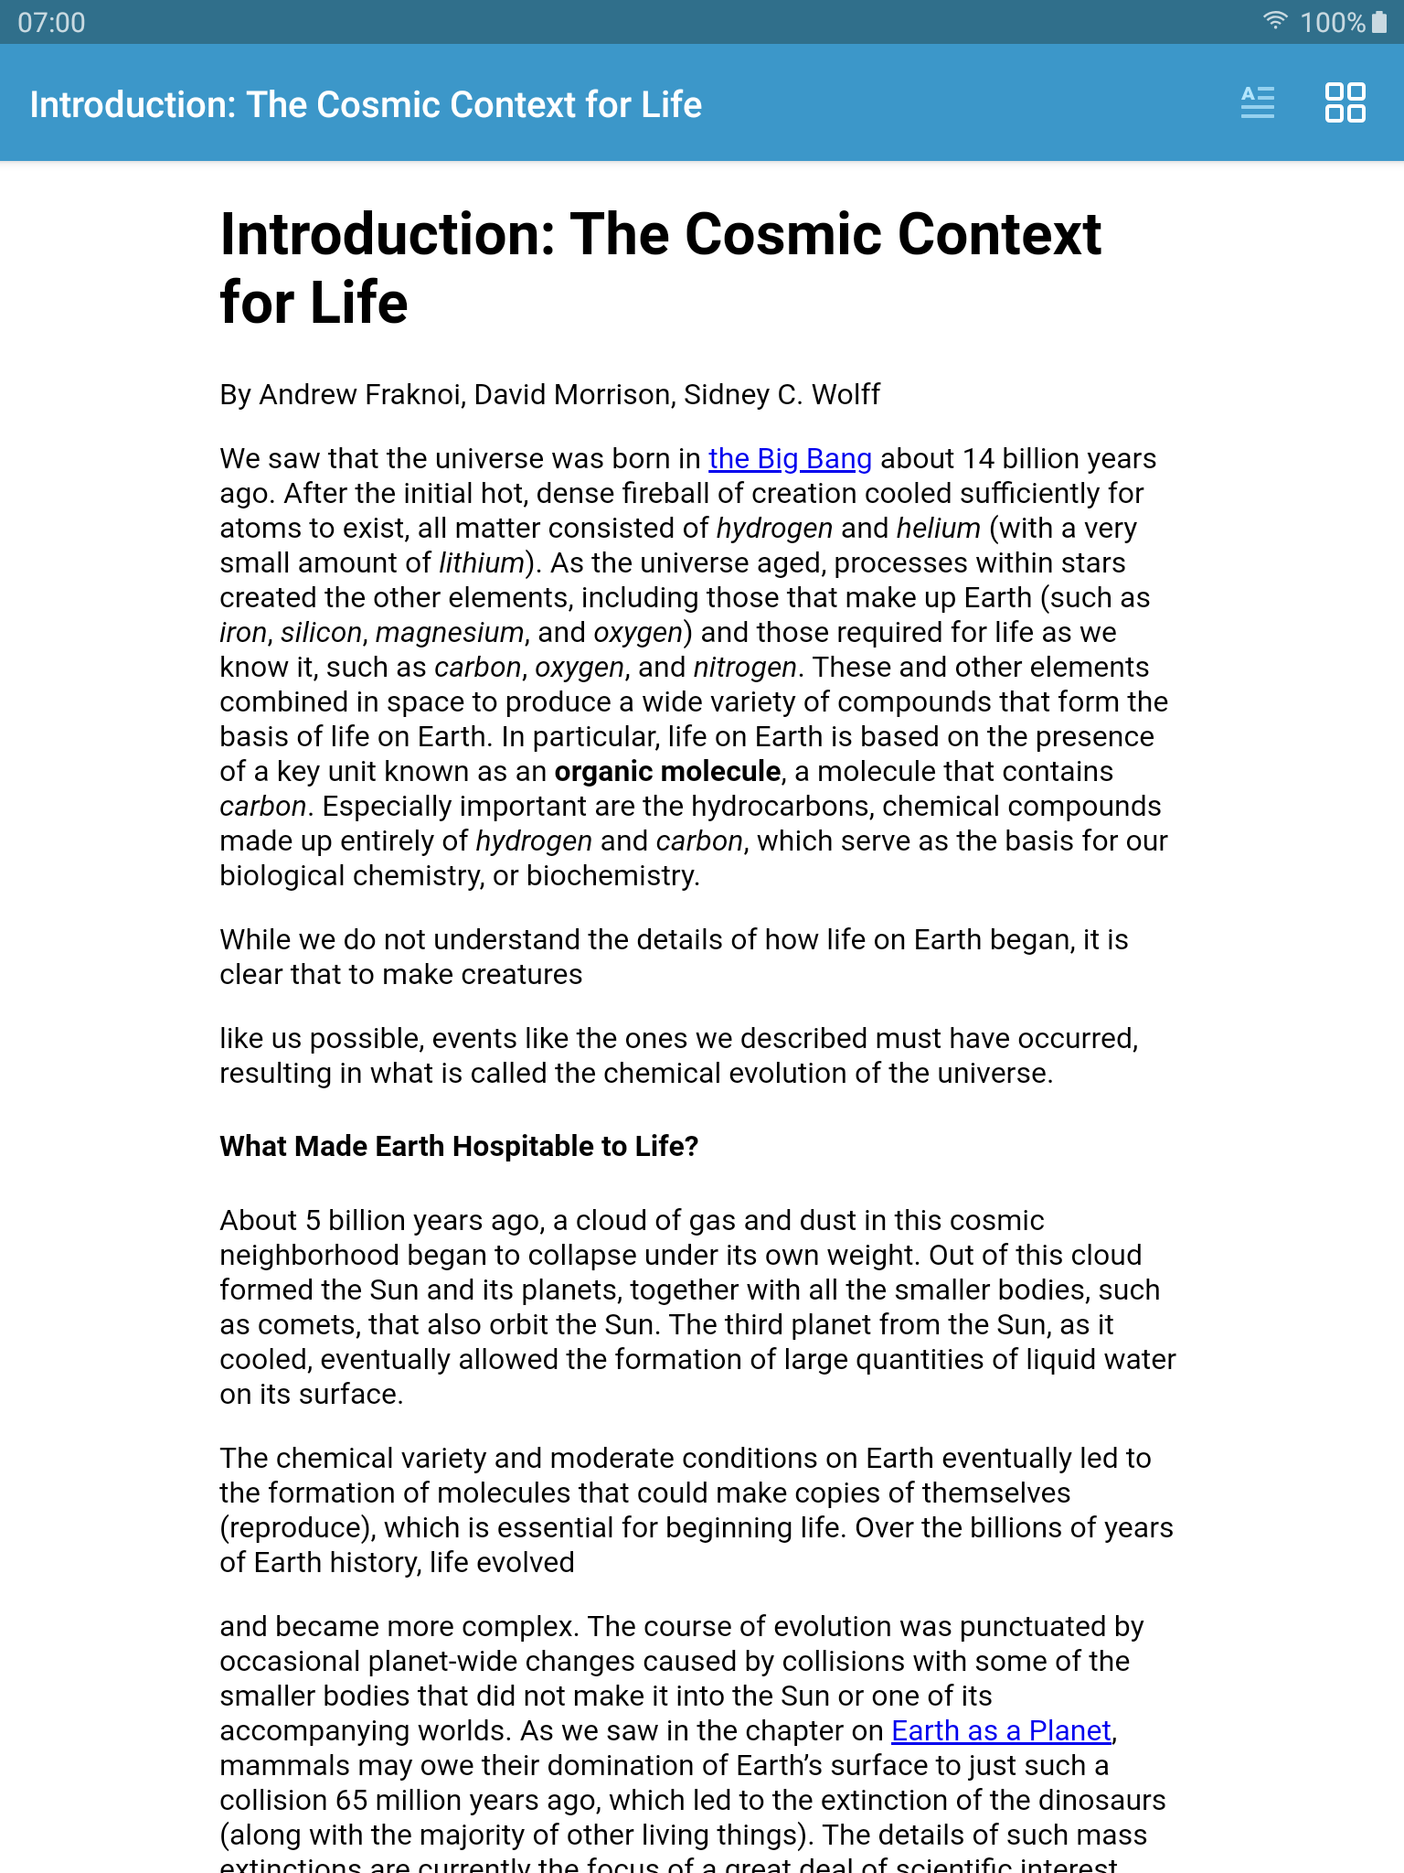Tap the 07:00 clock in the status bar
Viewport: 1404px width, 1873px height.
pos(51,22)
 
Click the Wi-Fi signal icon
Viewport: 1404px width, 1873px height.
pos(1275,20)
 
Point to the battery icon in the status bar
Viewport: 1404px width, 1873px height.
pos(1379,22)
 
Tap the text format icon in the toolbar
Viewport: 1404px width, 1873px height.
pos(1257,102)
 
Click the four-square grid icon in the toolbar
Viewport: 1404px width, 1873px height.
pos(1345,102)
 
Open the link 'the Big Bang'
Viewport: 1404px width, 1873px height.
pos(789,458)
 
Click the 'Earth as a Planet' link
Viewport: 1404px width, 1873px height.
pos(1001,1730)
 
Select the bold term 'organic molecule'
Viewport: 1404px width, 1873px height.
pos(667,771)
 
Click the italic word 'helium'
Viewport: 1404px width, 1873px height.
pos(938,528)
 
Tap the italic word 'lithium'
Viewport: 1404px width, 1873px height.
pos(481,562)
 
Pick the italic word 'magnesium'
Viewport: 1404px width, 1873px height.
pos(449,632)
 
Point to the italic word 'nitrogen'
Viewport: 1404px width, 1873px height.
pos(744,667)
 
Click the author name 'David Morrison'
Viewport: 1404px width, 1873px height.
pos(573,394)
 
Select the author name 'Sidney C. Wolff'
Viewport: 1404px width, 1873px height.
pos(782,394)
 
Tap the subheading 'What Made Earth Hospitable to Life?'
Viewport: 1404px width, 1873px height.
pos(459,1146)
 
